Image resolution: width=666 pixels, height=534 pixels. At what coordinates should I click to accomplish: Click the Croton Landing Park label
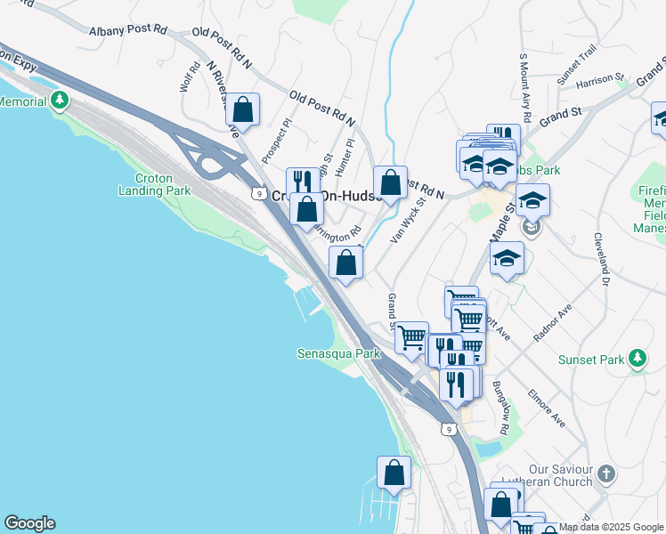(x=155, y=184)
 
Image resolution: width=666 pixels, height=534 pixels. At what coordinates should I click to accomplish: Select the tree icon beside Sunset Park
(x=637, y=358)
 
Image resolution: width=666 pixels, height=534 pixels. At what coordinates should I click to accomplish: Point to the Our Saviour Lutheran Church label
(x=560, y=475)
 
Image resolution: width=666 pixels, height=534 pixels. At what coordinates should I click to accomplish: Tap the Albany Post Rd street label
(x=128, y=30)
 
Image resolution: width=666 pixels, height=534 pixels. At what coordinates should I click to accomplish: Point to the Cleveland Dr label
(x=604, y=259)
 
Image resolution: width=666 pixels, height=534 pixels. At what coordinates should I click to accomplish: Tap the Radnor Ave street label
(x=553, y=325)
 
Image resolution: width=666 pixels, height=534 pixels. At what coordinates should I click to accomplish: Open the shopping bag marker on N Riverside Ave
(x=242, y=110)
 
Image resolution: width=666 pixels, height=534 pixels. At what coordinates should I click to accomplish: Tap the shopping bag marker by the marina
(x=394, y=473)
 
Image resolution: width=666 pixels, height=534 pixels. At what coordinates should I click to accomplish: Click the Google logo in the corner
(x=29, y=523)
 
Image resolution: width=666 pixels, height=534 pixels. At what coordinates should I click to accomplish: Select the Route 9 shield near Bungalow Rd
(x=450, y=430)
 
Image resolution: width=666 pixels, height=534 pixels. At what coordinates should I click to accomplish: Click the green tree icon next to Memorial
(x=60, y=100)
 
